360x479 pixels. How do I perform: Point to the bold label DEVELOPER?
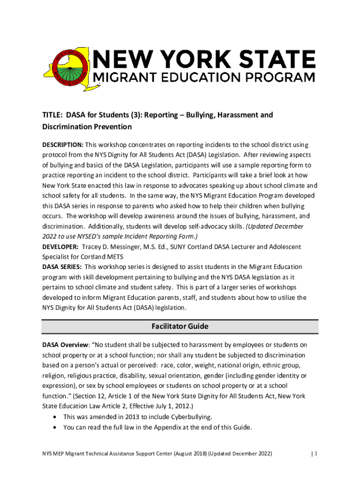tap(60, 247)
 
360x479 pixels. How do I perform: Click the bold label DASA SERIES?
tap(62, 267)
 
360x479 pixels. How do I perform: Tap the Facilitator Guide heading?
tap(180, 327)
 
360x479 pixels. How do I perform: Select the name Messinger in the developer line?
tap(125, 247)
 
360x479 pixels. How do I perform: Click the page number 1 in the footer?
tap(316, 454)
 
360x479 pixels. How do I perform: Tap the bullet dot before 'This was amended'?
tap(56, 417)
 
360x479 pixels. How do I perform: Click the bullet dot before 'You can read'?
tap(56, 428)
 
